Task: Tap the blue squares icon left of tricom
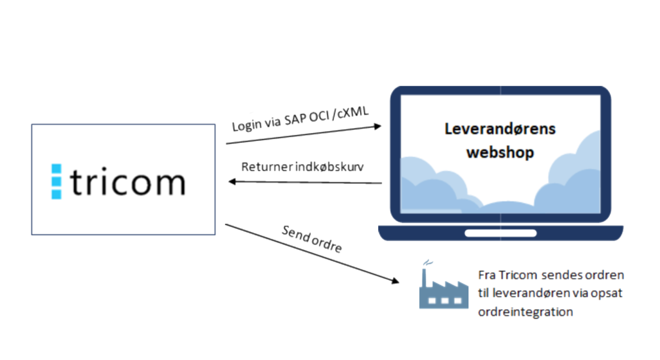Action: pyautogui.click(x=56, y=181)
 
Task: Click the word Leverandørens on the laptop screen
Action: pyautogui.click(x=500, y=129)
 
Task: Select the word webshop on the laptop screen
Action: pyautogui.click(x=500, y=153)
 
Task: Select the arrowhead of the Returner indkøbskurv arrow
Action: pyautogui.click(x=233, y=182)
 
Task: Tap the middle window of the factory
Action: pyautogui.click(x=443, y=299)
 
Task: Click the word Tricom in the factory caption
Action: pyautogui.click(x=514, y=275)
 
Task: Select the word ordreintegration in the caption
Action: pyautogui.click(x=525, y=312)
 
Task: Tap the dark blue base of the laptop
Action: pyautogui.click(x=500, y=232)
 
